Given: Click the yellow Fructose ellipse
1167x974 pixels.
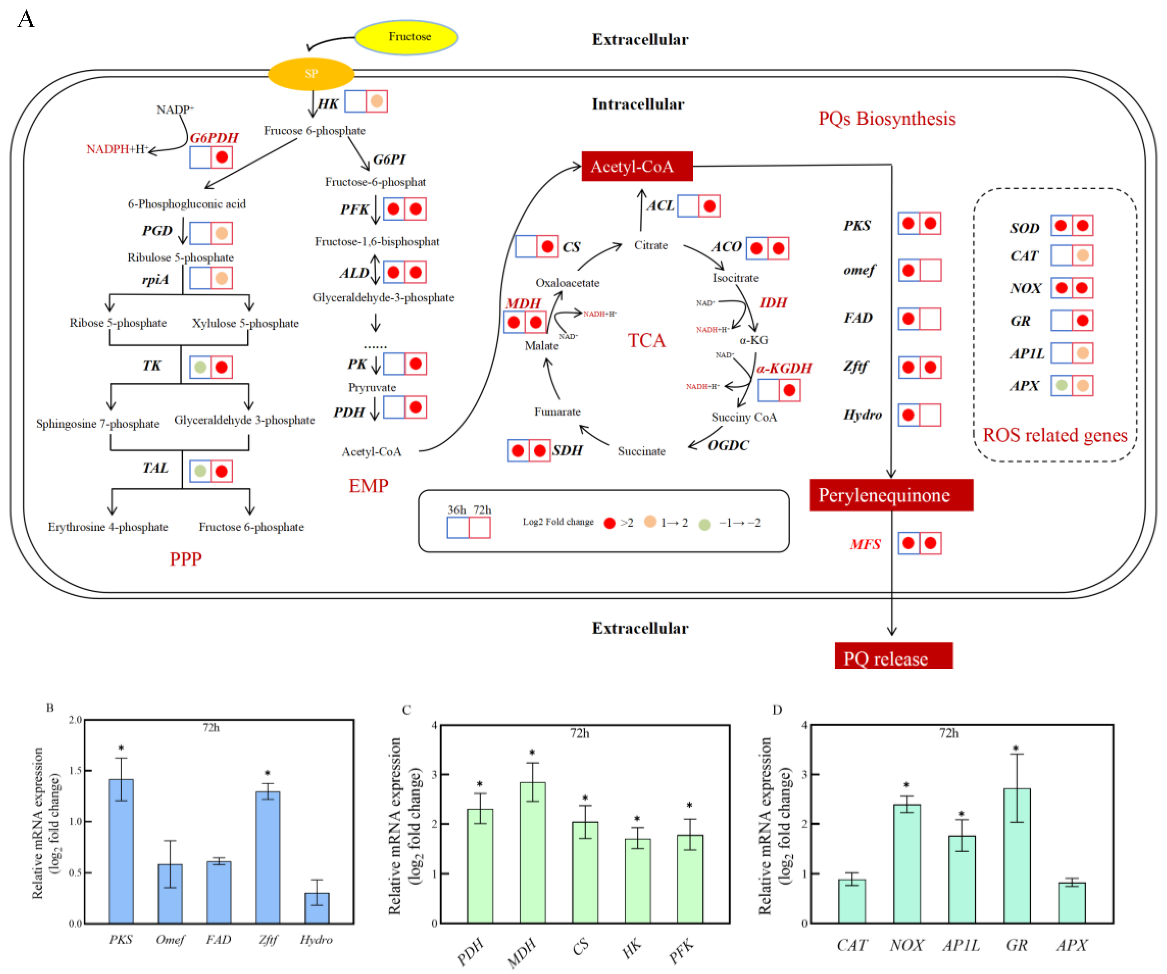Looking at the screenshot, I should pyautogui.click(x=406, y=37).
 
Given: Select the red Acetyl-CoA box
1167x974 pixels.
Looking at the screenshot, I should pyautogui.click(x=637, y=166).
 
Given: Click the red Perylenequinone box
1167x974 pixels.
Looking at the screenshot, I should pyautogui.click(x=891, y=495).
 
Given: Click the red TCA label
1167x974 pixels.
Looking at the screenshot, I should pyautogui.click(x=646, y=340).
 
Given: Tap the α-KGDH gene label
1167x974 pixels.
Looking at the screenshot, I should pyautogui.click(x=784, y=368).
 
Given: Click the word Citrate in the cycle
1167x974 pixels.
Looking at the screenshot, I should pyautogui.click(x=651, y=245).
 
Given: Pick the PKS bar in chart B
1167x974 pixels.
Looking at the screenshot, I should pyautogui.click(x=121, y=851).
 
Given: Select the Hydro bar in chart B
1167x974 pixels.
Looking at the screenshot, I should pyautogui.click(x=317, y=908).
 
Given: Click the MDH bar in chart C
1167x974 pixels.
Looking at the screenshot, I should pyautogui.click(x=533, y=852).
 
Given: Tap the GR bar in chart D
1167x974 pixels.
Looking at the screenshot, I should pyautogui.click(x=1017, y=856).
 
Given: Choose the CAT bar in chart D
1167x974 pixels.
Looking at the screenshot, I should pyautogui.click(x=852, y=901).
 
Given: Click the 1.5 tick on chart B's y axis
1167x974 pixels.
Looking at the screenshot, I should pyautogui.click(x=75, y=770).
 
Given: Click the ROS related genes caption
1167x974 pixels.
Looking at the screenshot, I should pyautogui.click(x=1055, y=435).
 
